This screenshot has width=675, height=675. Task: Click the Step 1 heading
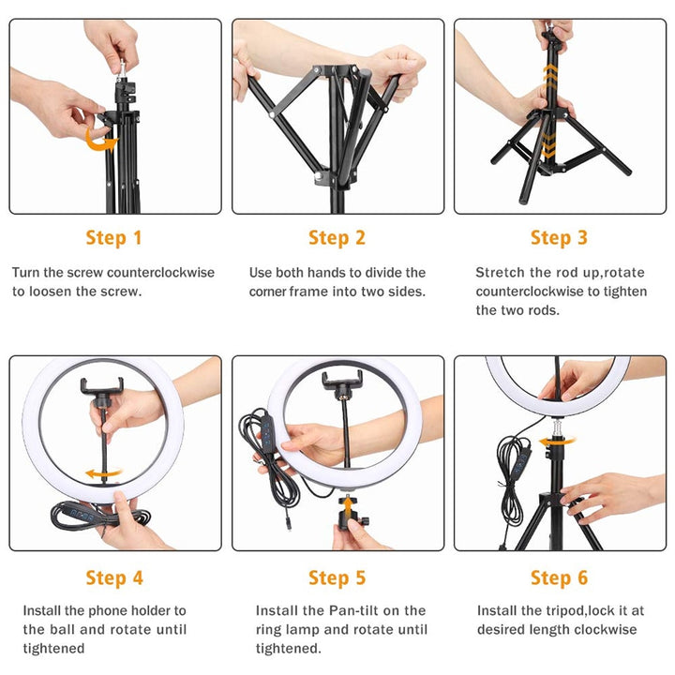[113, 238]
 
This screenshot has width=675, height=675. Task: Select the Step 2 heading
[337, 238]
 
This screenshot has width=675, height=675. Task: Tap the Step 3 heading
[559, 238]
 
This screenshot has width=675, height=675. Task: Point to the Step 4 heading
[113, 577]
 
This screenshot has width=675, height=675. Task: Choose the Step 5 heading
[337, 577]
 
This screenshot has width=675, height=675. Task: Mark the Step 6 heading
[559, 577]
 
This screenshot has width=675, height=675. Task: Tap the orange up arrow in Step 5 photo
[345, 507]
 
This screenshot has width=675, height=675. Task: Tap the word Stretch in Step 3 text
[500, 273]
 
